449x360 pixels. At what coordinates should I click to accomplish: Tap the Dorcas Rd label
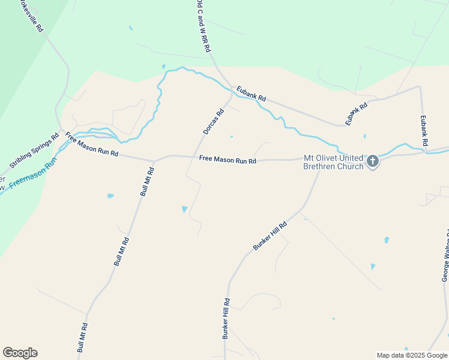click(213, 121)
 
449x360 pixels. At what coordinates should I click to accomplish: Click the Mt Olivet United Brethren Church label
click(334, 162)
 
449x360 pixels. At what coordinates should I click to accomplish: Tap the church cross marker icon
click(373, 161)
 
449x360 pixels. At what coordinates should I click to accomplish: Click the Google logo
click(20, 353)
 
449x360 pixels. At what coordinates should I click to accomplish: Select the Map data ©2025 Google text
click(412, 355)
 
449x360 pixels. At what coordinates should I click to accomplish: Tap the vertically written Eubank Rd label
click(424, 130)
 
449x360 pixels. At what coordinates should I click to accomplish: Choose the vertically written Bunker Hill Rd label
click(226, 319)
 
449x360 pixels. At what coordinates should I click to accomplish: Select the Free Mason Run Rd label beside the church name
click(228, 161)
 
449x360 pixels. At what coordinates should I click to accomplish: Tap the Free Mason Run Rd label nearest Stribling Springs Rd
click(92, 145)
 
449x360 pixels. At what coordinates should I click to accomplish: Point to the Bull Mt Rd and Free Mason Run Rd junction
click(154, 161)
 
